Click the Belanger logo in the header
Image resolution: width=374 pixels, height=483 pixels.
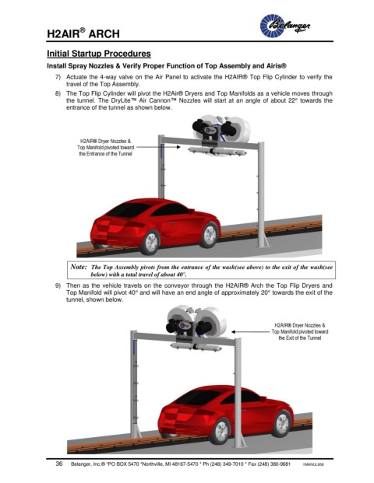point(285,26)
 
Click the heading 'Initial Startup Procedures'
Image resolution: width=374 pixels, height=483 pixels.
point(99,54)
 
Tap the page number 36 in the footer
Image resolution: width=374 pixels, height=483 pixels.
point(59,464)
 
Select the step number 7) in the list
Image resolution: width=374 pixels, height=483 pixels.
point(58,77)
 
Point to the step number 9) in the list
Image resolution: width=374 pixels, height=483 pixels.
point(58,285)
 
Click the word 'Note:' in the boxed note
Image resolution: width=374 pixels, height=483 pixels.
point(79,267)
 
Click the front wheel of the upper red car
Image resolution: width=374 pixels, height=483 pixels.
point(210,235)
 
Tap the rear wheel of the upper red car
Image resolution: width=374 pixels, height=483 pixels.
point(150,242)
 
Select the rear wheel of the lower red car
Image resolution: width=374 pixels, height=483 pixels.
point(221,431)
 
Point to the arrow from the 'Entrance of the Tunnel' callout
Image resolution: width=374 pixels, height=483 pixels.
point(158,147)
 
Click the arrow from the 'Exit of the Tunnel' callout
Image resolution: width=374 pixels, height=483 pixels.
point(251,332)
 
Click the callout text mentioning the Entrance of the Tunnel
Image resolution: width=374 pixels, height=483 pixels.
point(105,148)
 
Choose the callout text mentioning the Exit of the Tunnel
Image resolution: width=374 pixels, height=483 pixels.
point(300,332)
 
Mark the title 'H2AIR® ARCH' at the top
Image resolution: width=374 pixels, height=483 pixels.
point(83,33)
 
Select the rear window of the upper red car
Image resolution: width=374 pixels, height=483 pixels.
point(129,209)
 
